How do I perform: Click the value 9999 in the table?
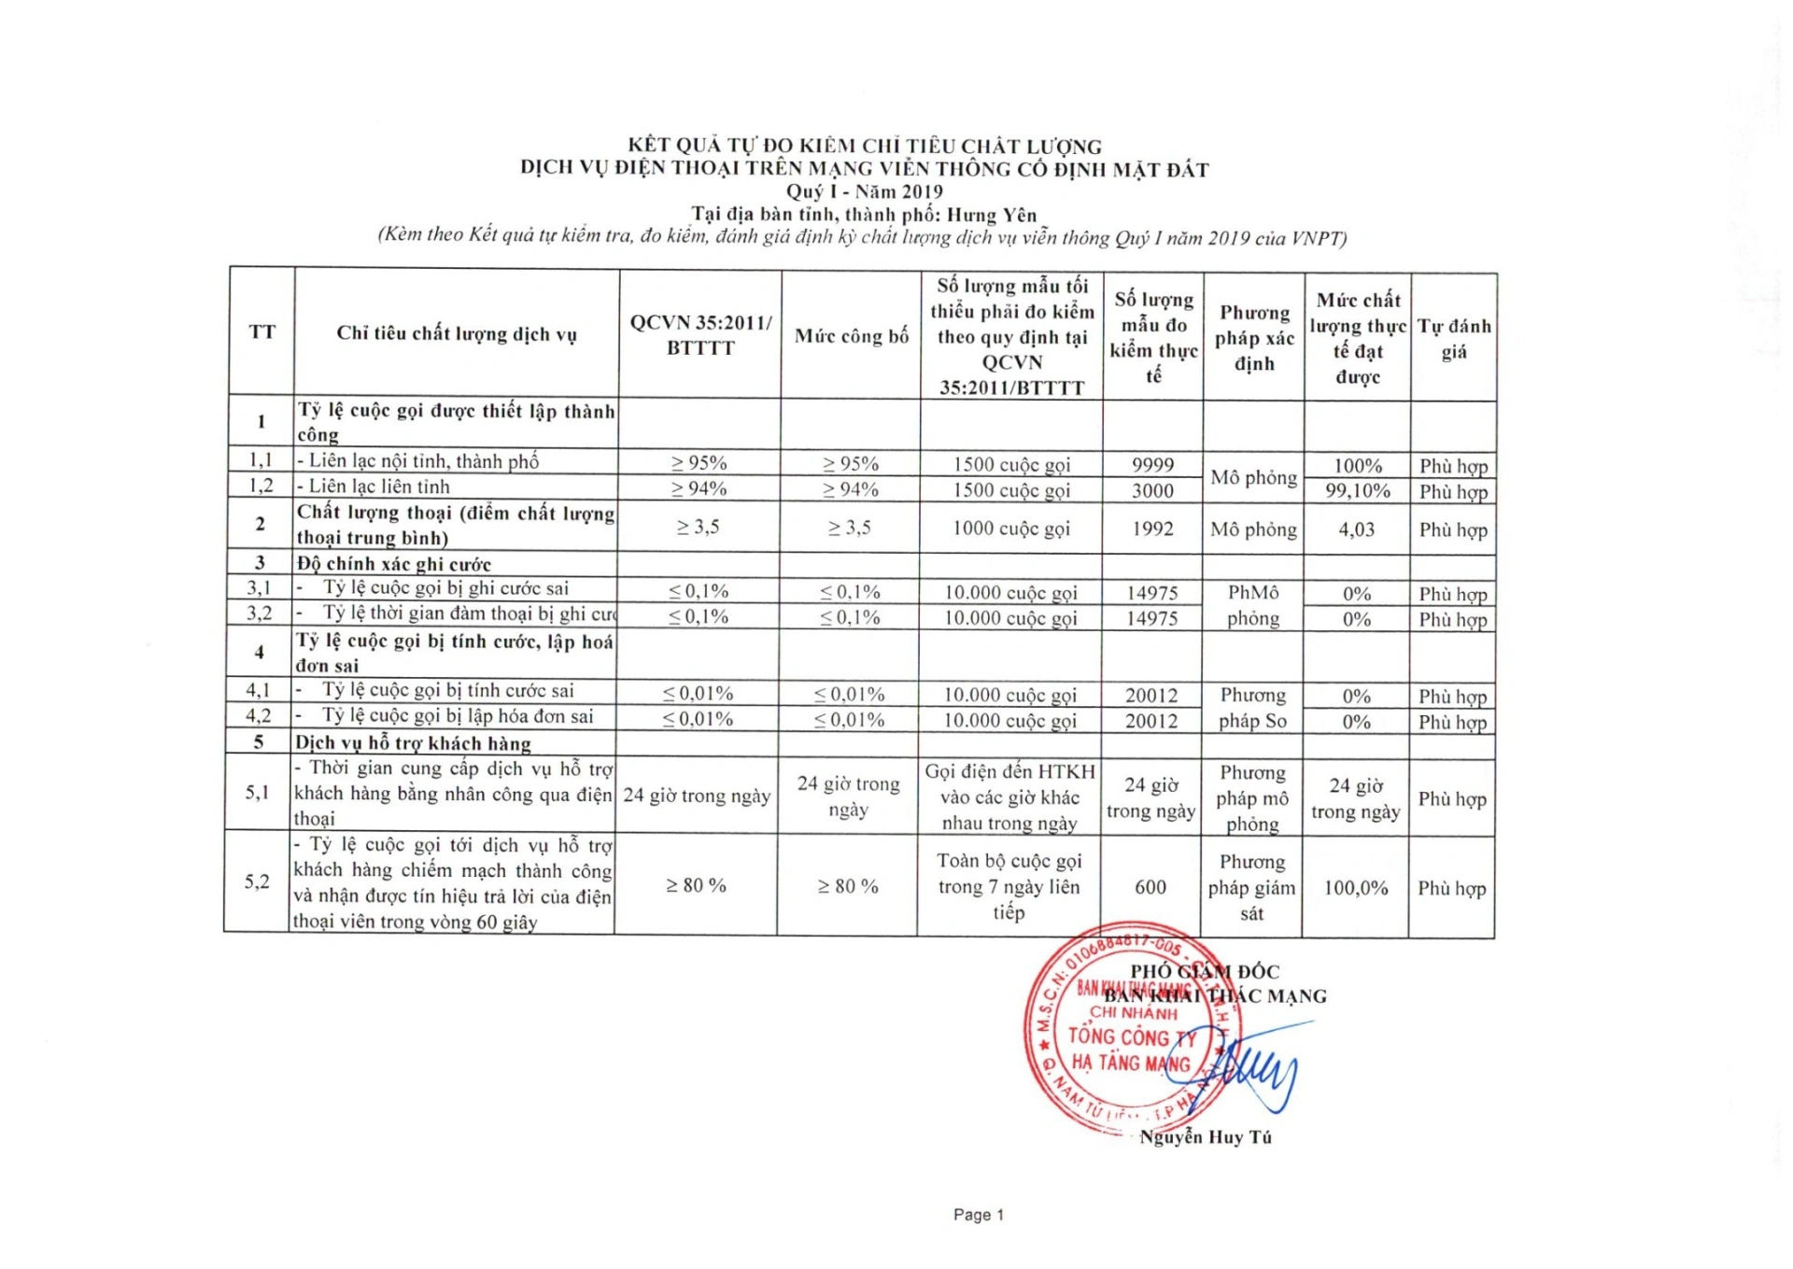tap(1152, 465)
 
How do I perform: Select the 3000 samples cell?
tap(1152, 490)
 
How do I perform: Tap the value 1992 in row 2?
tap(1152, 529)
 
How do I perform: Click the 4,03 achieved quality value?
tap(1356, 529)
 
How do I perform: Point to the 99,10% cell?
tap(1357, 490)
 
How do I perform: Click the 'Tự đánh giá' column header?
tap(1453, 338)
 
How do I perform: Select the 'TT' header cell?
tap(262, 331)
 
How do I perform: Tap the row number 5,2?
tap(257, 881)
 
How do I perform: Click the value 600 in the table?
tap(1150, 887)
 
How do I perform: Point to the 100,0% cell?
tap(1355, 888)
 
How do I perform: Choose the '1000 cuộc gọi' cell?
tap(1010, 529)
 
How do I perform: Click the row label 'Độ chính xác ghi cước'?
tap(393, 564)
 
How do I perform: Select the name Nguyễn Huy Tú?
tap(1205, 1137)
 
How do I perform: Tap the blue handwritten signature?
tap(1251, 1069)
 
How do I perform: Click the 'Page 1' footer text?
tap(978, 1215)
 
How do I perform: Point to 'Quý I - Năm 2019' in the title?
tap(864, 191)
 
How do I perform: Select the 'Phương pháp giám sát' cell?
tap(1250, 887)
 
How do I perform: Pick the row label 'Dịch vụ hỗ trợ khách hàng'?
tap(413, 743)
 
